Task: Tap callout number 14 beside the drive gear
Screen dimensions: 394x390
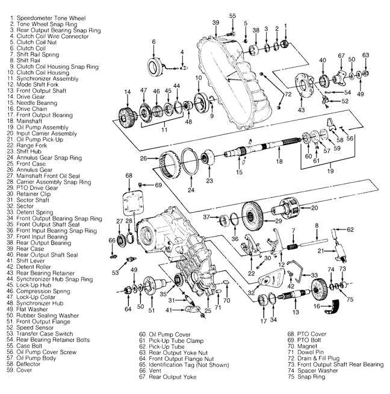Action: [x=127, y=92]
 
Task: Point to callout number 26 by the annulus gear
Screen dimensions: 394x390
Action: [x=143, y=158]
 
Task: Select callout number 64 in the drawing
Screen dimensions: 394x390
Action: [x=128, y=309]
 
